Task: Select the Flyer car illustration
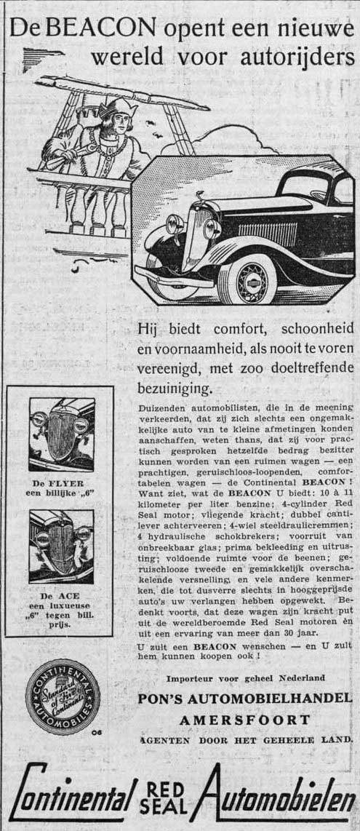pos(61,434)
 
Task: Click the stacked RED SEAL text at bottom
pos(167,800)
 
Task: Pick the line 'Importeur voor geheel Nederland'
pos(244,678)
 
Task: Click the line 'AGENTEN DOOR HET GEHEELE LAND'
pos(244,741)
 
